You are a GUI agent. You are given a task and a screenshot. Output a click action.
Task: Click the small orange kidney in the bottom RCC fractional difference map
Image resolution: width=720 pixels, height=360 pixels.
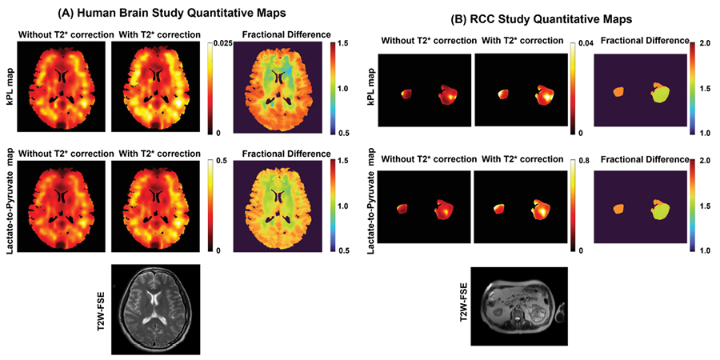[x=618, y=210]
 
